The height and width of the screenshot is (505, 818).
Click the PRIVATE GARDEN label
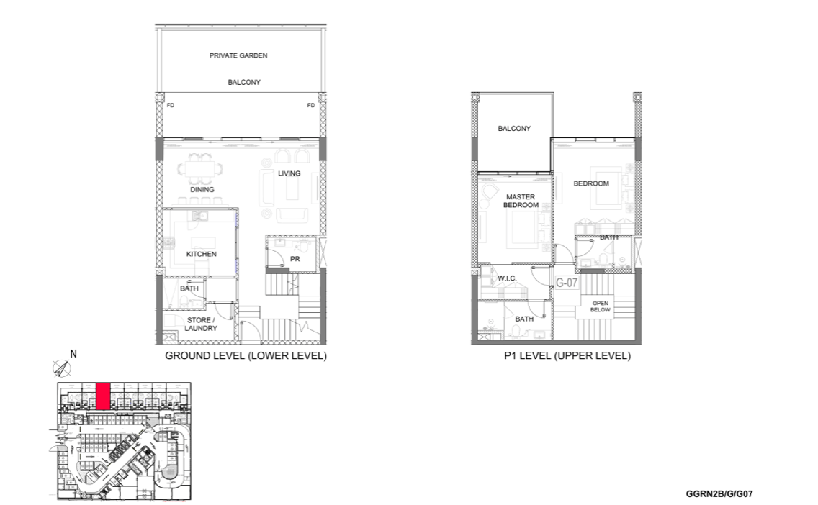(238, 55)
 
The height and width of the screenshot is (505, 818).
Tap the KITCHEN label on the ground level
(202, 254)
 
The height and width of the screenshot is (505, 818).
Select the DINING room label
(202, 190)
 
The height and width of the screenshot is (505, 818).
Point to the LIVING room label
(289, 173)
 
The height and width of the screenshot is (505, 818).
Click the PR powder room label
(295, 258)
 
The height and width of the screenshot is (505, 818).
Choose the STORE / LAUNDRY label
(201, 324)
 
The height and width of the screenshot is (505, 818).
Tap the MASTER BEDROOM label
(521, 201)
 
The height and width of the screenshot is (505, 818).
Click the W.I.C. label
(506, 278)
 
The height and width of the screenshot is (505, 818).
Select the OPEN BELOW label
(600, 306)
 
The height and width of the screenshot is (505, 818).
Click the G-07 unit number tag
(567, 283)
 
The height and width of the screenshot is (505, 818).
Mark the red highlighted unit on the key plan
(103, 396)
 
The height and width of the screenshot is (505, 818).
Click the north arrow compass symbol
(62, 368)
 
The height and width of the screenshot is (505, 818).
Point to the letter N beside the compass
(73, 354)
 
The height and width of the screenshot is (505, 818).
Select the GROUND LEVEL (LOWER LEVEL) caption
(246, 356)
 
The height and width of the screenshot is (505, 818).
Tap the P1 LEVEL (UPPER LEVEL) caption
(567, 356)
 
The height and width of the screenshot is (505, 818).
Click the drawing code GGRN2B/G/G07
(719, 494)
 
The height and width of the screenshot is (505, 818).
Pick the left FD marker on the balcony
(171, 105)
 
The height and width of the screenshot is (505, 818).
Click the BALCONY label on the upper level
(514, 128)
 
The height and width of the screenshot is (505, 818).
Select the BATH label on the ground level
(189, 288)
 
